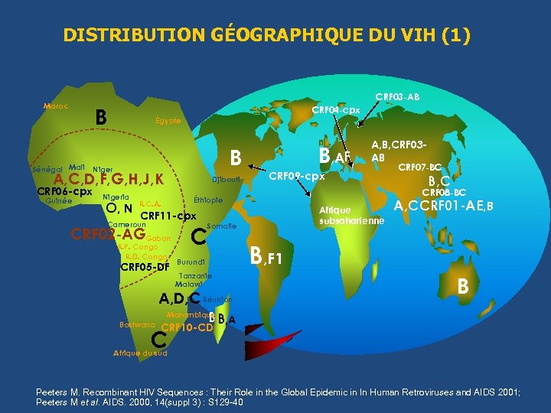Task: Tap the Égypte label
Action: (x=168, y=121)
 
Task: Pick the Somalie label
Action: (x=222, y=226)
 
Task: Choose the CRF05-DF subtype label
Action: (x=145, y=267)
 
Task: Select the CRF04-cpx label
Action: (x=335, y=110)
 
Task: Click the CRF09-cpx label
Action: (x=296, y=177)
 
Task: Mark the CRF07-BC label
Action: (x=421, y=166)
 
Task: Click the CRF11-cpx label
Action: (x=168, y=216)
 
